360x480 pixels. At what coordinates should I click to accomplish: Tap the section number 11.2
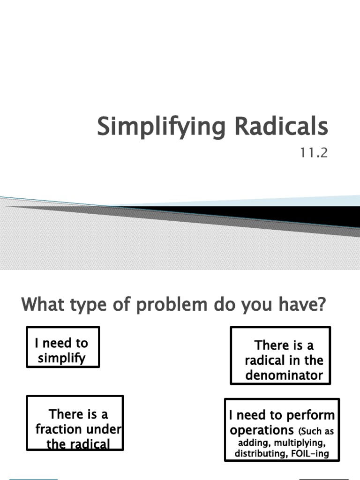pos(312,153)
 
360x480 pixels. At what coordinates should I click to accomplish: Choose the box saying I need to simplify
pos(63,347)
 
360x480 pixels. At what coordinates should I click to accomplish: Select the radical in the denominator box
pos(280,355)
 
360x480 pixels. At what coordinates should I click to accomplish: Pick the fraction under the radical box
pos(75,423)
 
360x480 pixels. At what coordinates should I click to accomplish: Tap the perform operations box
pos(282,429)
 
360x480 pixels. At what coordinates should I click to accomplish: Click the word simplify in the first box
pos(62,359)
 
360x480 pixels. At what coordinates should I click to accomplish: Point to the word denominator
pos(284,375)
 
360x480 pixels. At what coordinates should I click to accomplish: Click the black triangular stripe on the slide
pos(281,213)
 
